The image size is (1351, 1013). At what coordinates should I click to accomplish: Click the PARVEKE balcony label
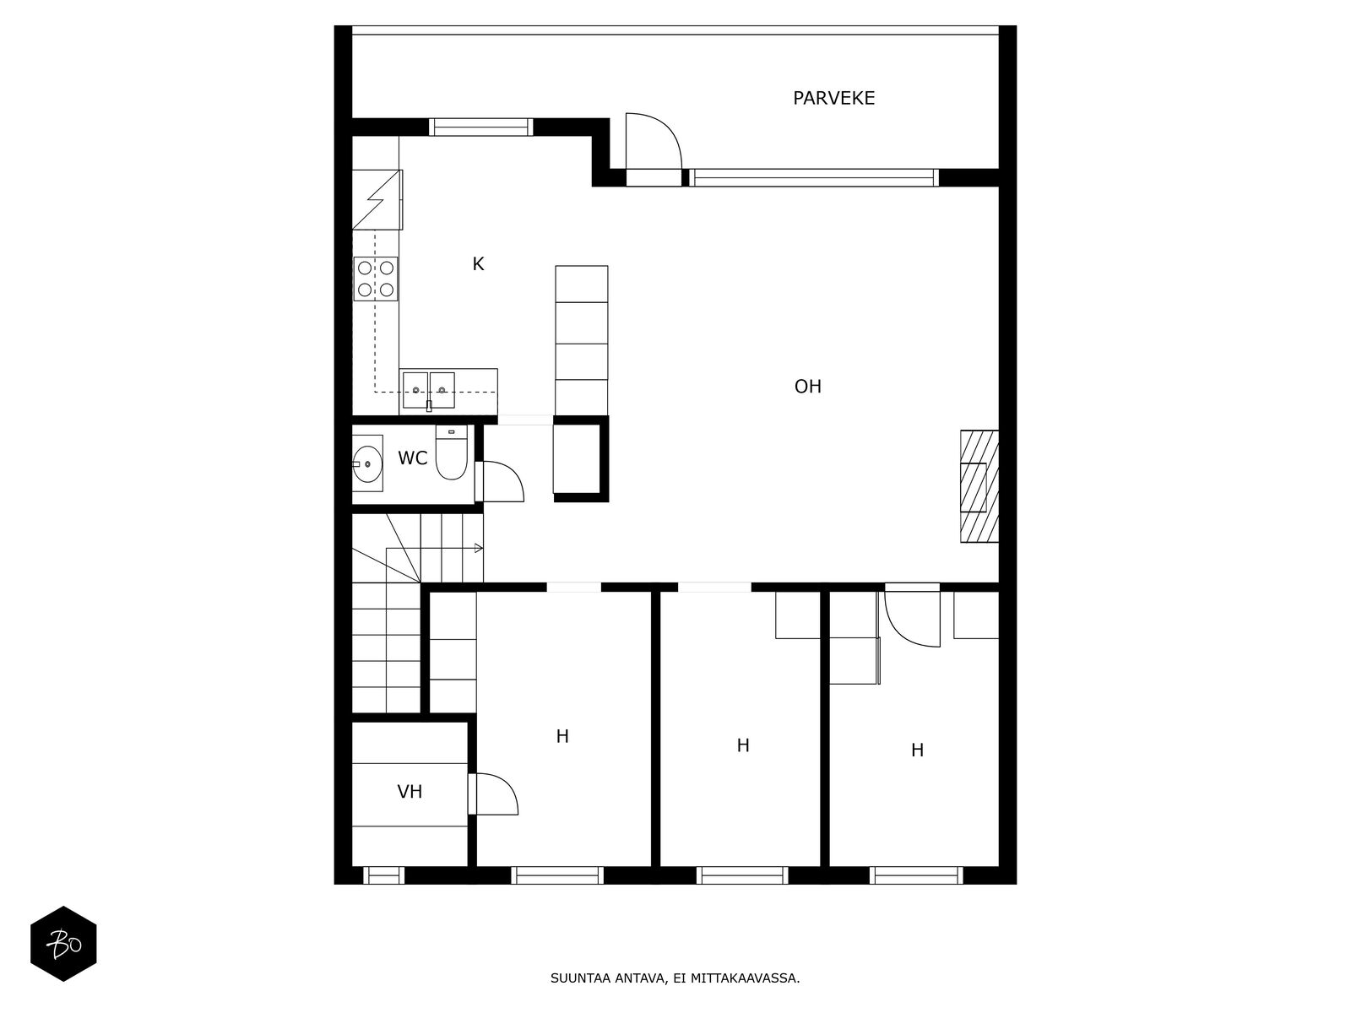click(x=833, y=99)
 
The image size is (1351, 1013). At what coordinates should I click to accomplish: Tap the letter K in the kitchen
click(x=478, y=264)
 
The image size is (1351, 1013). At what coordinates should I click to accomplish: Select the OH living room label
click(x=807, y=387)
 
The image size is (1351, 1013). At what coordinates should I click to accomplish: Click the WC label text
click(x=412, y=458)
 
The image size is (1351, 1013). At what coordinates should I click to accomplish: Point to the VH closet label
click(x=410, y=792)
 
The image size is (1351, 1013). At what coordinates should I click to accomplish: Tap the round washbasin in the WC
click(x=366, y=463)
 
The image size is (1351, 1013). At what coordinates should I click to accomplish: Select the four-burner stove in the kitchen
click(x=376, y=279)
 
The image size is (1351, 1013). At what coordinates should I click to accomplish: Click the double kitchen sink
click(x=429, y=390)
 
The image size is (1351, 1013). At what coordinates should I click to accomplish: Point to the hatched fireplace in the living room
click(x=979, y=486)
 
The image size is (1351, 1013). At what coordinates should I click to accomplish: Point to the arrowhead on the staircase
click(x=479, y=549)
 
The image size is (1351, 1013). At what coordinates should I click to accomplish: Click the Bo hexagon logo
click(x=63, y=944)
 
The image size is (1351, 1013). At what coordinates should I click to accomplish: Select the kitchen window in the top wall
click(x=480, y=127)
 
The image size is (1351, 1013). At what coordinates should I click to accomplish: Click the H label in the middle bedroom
click(x=743, y=745)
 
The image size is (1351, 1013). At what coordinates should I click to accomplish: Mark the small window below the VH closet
click(x=383, y=875)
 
